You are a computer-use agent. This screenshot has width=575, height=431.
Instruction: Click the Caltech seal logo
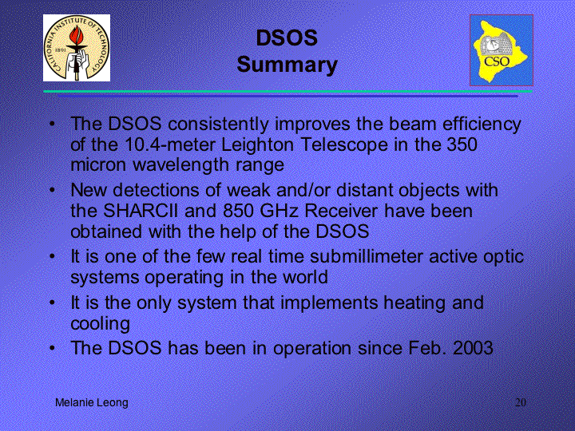77,48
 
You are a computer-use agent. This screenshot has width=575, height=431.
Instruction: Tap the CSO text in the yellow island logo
497,61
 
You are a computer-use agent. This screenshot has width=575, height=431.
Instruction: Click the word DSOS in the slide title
287,38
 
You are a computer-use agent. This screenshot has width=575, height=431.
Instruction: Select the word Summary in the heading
287,65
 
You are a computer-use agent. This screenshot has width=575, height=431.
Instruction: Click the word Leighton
257,145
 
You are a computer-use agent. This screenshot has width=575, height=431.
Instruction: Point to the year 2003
473,348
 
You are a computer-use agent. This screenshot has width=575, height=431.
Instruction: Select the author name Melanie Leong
92,403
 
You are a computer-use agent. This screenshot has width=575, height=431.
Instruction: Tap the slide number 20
521,402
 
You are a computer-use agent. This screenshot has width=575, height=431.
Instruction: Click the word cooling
100,324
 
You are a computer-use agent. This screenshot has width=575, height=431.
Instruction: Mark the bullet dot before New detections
53,190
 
